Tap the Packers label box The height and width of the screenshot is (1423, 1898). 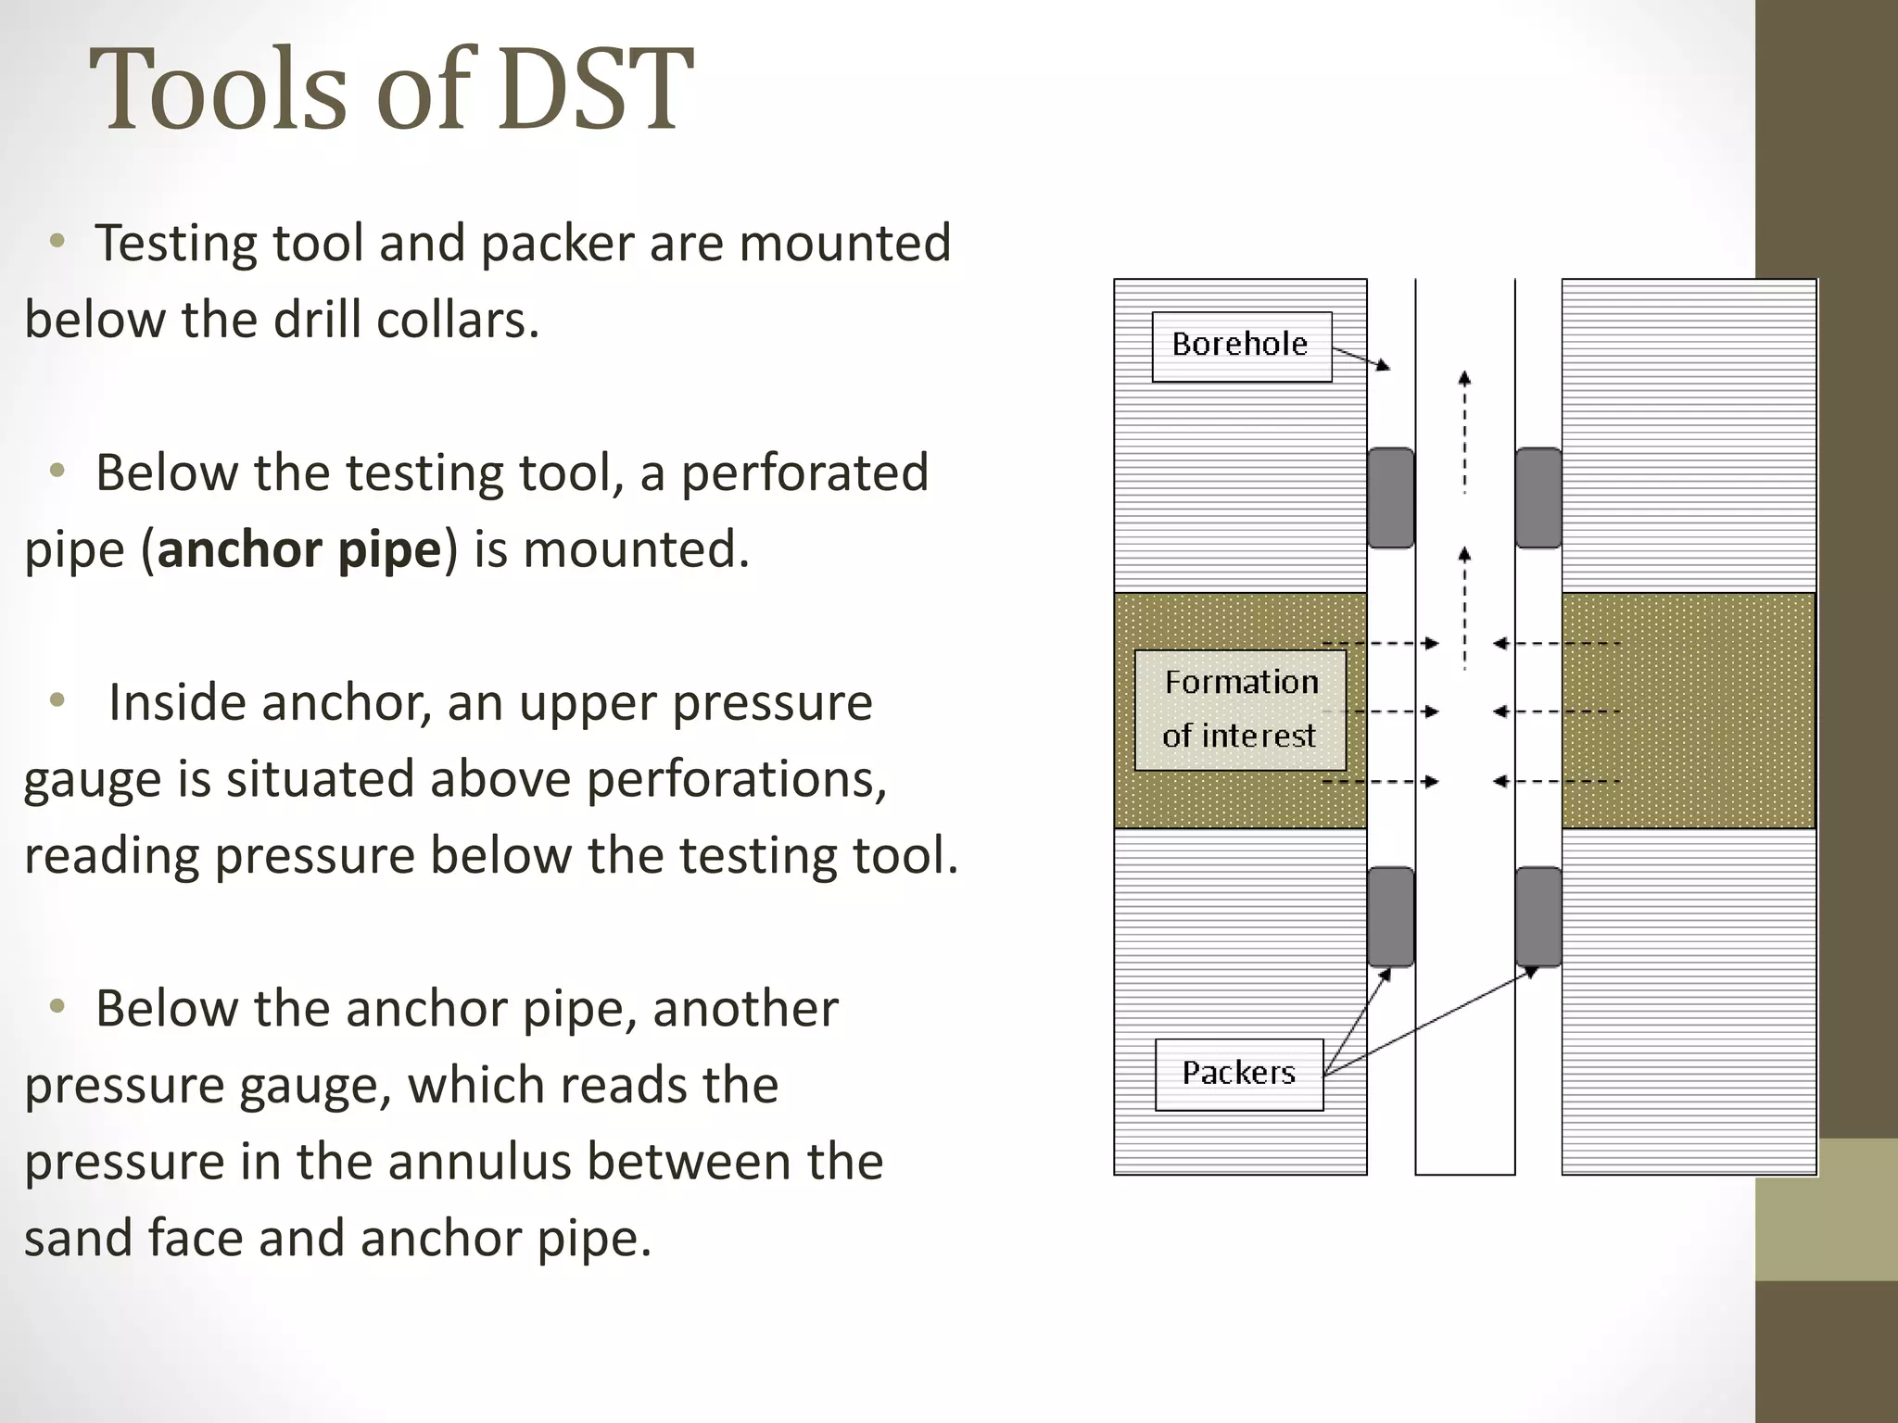1239,1074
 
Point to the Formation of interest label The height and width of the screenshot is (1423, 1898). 1240,710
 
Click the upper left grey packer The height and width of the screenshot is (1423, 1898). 1391,497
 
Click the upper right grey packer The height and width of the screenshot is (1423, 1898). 1538,497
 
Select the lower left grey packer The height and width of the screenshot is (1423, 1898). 1391,916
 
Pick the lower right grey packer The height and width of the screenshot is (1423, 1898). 1538,916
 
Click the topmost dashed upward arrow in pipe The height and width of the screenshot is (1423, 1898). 1464,431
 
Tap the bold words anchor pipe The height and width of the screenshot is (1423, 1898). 299,549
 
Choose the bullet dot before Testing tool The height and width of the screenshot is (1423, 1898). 57,243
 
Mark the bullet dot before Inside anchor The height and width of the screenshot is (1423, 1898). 57,701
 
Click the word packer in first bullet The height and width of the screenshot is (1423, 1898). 559,245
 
